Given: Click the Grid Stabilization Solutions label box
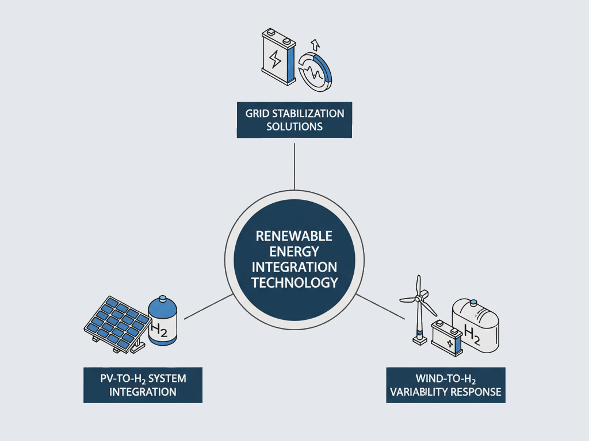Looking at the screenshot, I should tap(294, 119).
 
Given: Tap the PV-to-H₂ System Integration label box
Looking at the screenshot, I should tap(143, 385).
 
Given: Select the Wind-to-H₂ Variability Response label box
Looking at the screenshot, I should tap(445, 385).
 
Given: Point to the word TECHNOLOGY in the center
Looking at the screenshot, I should tap(294, 282).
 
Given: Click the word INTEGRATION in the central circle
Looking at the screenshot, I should tap(294, 267).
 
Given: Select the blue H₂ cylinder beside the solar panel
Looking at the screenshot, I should tap(162, 322).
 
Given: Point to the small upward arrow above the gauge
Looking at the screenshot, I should tap(314, 44).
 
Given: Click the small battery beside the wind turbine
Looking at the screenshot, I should tap(448, 340).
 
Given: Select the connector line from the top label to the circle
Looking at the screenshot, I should tap(294, 167).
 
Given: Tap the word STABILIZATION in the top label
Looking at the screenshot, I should tap(308, 113).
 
